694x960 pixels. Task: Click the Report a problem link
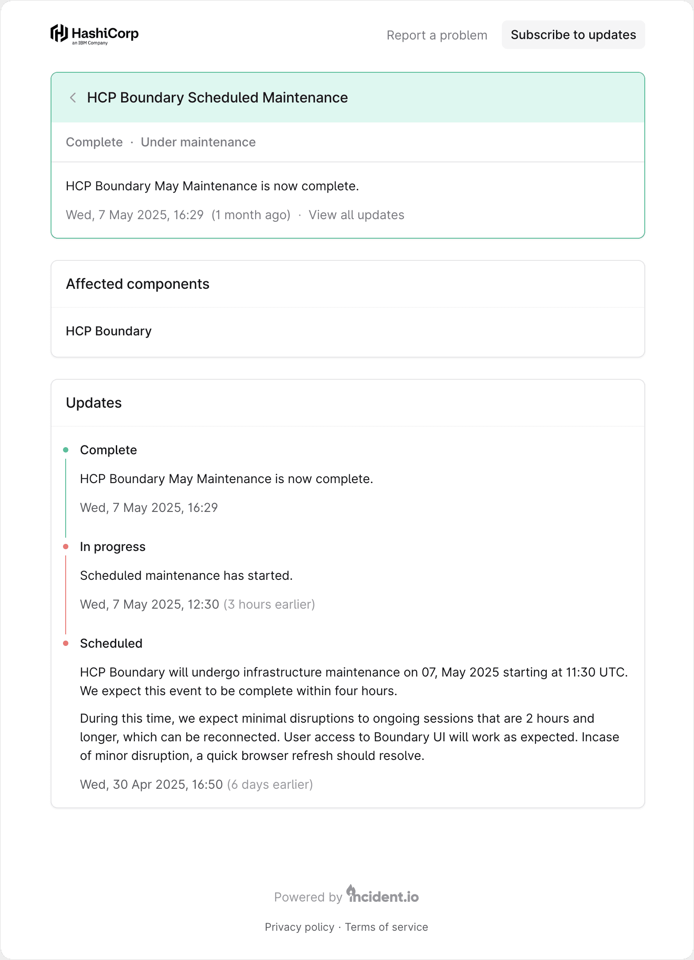437,35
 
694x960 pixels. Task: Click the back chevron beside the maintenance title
73,98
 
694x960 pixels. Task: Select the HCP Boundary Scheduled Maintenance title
217,98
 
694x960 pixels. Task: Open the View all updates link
356,215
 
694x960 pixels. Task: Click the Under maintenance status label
198,142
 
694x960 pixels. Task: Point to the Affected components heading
138,284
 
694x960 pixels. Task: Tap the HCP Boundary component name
109,331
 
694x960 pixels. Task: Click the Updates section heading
94,403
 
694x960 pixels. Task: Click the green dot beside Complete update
66,450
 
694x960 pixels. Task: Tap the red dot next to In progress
66,547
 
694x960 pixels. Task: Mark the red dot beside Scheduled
66,644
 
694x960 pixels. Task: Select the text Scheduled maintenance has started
186,576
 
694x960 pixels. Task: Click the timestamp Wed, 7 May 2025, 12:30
150,605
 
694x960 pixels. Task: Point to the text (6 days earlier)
270,785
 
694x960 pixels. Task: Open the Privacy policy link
299,927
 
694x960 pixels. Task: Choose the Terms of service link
386,927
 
